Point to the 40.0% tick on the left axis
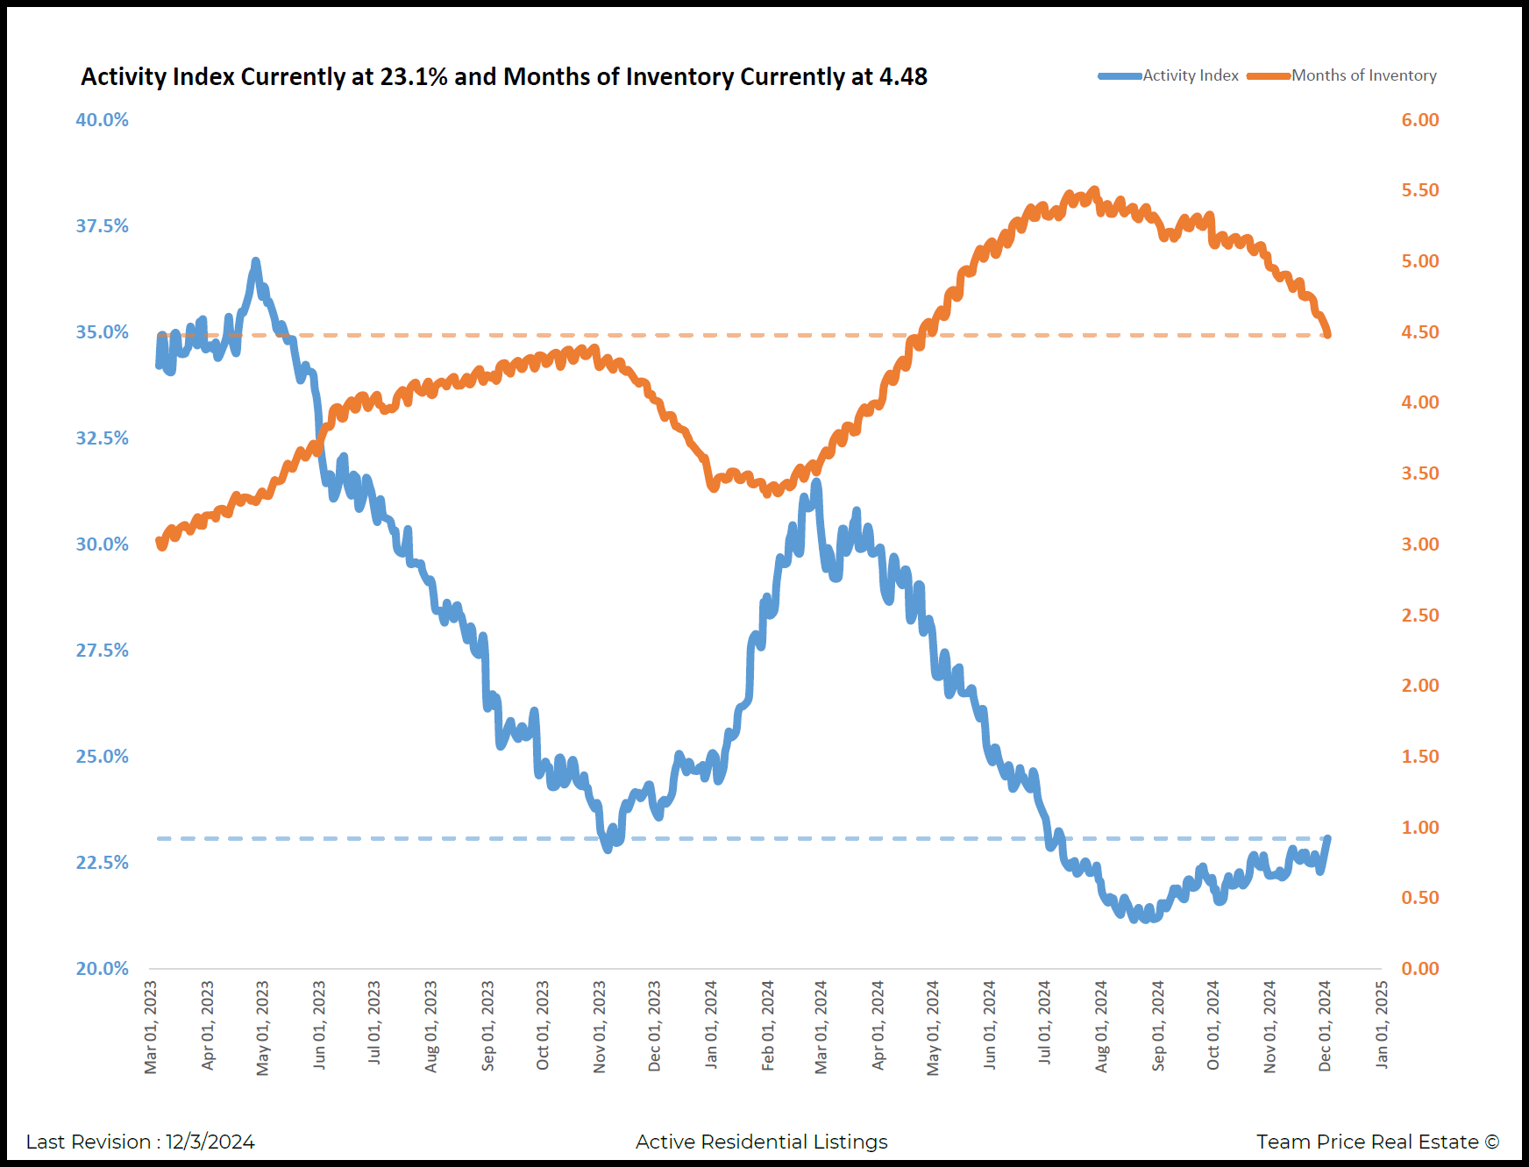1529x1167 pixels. pos(102,120)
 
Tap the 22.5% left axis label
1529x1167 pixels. pos(102,863)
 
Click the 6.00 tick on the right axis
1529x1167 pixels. pos(1420,120)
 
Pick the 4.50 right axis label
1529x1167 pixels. pos(1420,332)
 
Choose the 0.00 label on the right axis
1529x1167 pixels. pos(1420,969)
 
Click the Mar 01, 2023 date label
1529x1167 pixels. pos(151,1027)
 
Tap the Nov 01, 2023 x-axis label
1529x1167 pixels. pos(600,1027)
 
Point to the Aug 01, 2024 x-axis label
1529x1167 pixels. pos(1102,1027)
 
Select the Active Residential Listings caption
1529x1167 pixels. pos(761,1142)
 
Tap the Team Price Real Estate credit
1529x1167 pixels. pos(1377,1142)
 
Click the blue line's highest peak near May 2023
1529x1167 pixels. pos(256,261)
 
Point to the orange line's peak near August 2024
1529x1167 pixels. pos(1094,190)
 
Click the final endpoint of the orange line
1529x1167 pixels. pos(1328,334)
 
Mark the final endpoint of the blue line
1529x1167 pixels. pos(1328,838)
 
